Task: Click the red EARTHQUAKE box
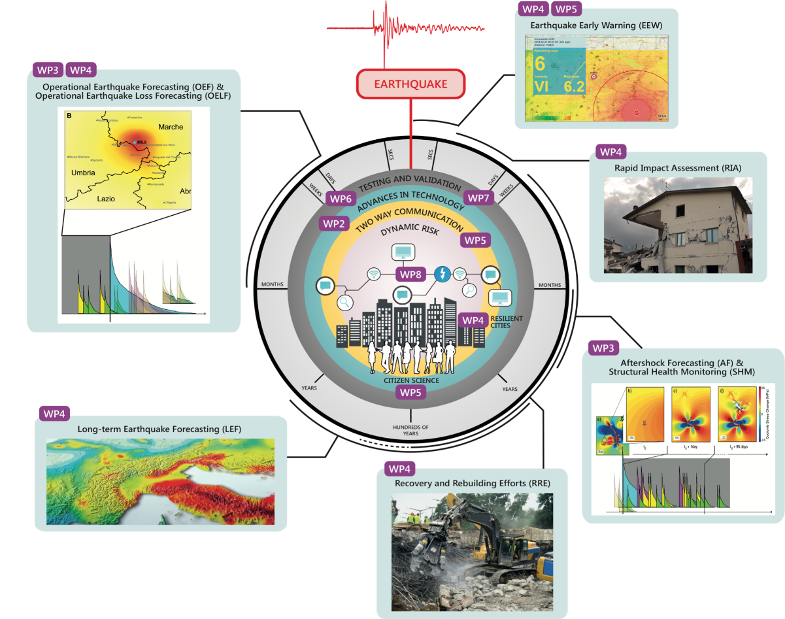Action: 410,84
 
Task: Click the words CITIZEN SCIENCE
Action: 410,380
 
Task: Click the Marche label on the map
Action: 171,127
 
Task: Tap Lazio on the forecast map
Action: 109,197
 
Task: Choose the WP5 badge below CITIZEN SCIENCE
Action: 410,393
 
